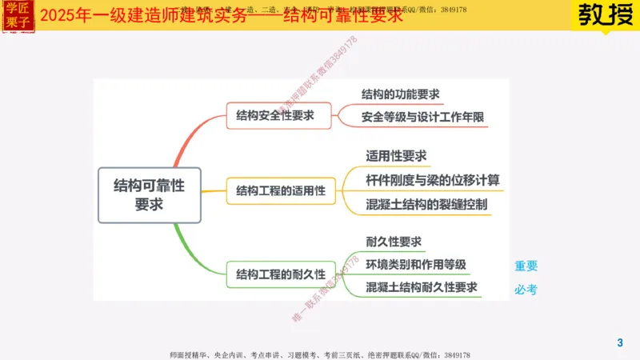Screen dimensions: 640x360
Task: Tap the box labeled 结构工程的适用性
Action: [281, 191]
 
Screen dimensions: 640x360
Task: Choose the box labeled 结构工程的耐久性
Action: [281, 274]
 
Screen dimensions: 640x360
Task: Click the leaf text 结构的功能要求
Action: [401, 94]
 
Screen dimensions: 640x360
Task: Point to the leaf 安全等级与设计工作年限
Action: [422, 117]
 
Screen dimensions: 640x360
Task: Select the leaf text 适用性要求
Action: [396, 155]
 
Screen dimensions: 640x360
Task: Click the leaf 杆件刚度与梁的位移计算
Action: [432, 180]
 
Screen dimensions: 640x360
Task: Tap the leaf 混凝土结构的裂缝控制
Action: [426, 204]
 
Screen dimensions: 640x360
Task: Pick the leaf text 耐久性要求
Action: [394, 242]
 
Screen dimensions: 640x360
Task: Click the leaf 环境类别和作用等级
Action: [416, 264]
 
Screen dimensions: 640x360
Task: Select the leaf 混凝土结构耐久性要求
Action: [422, 286]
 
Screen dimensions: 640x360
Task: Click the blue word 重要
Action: [526, 266]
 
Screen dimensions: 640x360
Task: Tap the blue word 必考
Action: [526, 290]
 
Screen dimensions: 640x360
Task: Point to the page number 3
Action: [619, 343]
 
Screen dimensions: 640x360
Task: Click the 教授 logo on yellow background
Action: [604, 16]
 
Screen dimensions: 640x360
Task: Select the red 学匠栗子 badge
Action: [16, 16]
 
